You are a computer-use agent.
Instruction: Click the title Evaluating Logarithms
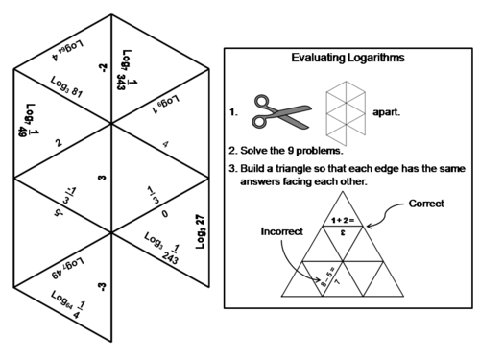point(348,59)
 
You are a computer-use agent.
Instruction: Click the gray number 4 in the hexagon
point(165,146)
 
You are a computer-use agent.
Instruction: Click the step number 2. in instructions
point(232,151)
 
